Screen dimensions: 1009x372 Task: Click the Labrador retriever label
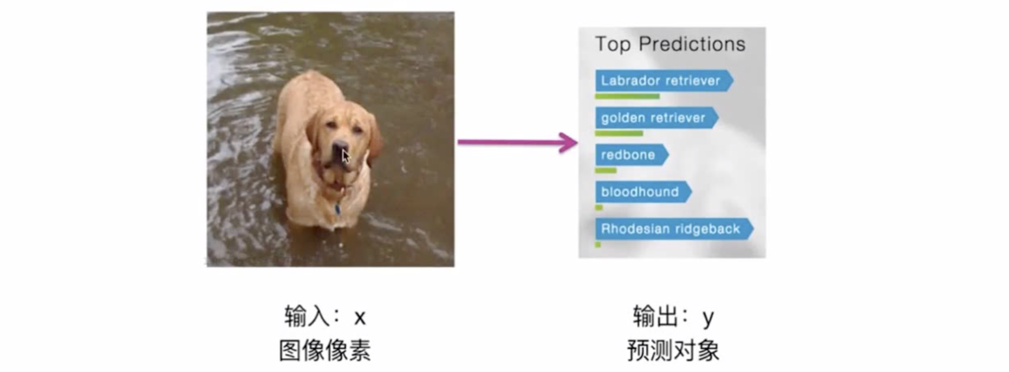664,80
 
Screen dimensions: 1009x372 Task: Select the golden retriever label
657,118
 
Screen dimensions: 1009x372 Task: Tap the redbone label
632,155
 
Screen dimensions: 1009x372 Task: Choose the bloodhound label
643,192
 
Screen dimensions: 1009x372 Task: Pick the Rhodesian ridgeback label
674,229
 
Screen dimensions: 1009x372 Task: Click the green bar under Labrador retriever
627,96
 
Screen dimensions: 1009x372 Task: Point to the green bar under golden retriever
619,134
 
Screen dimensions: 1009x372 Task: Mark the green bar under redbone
606,171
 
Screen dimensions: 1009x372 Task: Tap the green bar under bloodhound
599,208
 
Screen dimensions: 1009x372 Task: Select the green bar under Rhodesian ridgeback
598,245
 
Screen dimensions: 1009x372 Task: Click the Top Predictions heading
670,44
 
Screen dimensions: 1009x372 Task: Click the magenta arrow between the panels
517,142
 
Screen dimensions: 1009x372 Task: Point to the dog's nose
339,148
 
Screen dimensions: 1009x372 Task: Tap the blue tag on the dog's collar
337,209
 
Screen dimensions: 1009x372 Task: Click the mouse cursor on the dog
345,156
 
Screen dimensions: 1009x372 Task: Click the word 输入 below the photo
307,316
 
